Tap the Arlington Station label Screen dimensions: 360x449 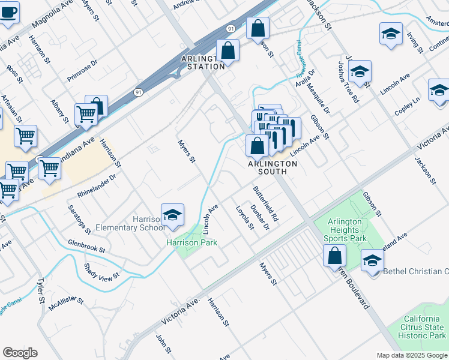click(x=203, y=62)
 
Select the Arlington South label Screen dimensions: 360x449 click(x=268, y=167)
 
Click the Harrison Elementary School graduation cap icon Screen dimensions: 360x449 click(x=172, y=216)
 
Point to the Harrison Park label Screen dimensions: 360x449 click(x=191, y=243)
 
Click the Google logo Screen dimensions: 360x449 click(x=20, y=353)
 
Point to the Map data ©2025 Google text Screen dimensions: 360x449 click(x=412, y=355)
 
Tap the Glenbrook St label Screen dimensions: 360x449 click(x=86, y=247)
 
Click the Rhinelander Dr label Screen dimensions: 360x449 click(x=96, y=186)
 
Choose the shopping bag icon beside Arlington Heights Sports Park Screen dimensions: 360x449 click(x=334, y=255)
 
